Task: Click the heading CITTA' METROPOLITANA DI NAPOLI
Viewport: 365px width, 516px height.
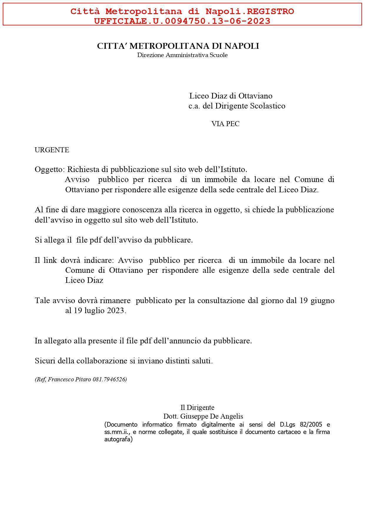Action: point(178,46)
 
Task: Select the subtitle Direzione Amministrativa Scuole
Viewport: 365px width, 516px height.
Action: point(182,55)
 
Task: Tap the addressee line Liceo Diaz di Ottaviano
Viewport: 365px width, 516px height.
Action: point(231,96)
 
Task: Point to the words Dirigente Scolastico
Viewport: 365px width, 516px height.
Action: point(250,106)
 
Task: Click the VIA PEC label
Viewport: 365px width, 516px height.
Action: point(225,124)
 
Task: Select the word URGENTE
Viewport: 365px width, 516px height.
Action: point(52,150)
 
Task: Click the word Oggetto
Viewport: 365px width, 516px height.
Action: point(49,170)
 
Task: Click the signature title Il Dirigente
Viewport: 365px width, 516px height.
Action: point(197,407)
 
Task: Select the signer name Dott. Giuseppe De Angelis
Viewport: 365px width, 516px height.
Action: point(203,416)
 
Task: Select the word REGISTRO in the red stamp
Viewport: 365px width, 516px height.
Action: point(270,11)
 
